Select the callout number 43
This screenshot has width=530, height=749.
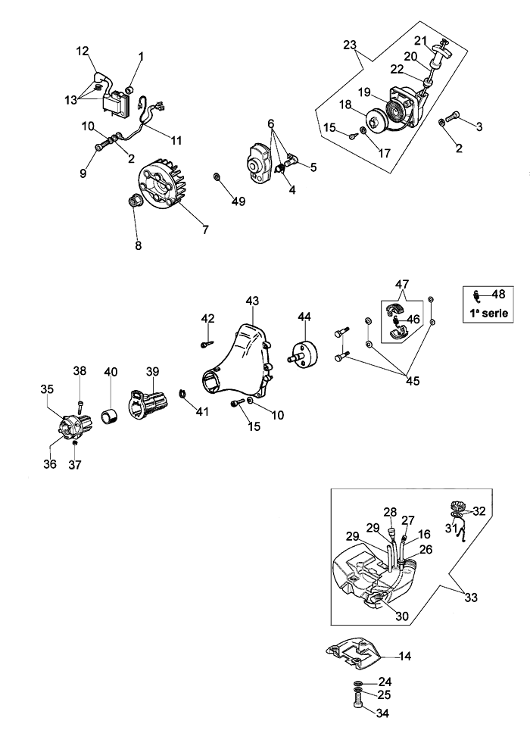click(x=252, y=301)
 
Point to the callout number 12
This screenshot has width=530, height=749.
click(x=83, y=51)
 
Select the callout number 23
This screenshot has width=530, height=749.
click(x=349, y=45)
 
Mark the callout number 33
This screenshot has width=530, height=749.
click(x=471, y=598)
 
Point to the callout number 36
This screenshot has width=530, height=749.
click(x=50, y=463)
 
